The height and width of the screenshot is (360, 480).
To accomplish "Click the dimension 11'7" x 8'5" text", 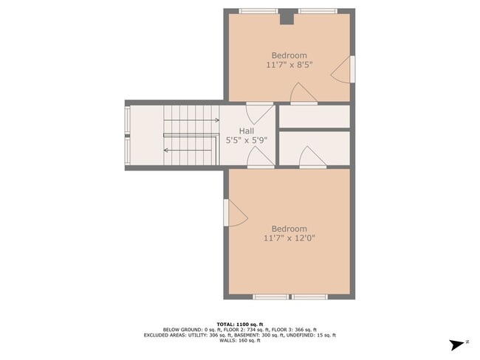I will pos(289,65).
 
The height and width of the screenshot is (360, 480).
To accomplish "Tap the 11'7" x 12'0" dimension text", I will pos(289,238).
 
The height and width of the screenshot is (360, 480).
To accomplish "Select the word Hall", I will pos(246,131).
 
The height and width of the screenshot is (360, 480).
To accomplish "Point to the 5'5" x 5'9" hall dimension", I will pos(246,139).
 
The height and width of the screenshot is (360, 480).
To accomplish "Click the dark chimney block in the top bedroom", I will pos(286,17).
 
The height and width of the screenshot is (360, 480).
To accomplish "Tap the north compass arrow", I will pos(458,344).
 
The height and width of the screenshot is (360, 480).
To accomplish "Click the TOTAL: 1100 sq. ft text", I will pos(239,324).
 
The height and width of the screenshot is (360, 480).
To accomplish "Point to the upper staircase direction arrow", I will pos(192,120).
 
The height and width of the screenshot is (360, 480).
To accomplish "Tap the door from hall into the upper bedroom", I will pos(255,112).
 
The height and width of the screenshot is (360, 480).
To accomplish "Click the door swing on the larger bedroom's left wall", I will pos(235,213).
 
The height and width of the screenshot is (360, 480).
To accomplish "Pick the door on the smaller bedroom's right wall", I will pos(343,70).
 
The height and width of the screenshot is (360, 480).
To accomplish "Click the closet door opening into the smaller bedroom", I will pos(303,94).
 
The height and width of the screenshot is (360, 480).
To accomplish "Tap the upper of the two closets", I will pos(314,117).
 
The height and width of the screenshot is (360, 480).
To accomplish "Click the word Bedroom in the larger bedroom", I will pos(289,229).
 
